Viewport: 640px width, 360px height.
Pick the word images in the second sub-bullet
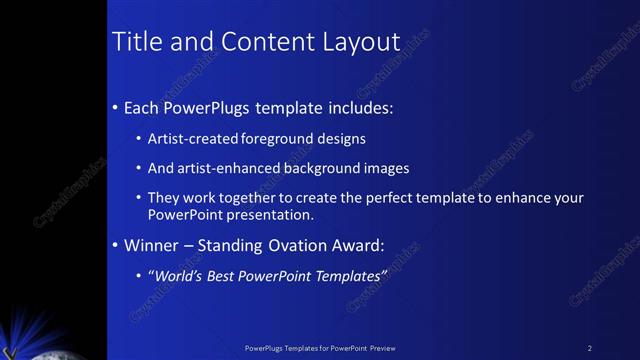[385, 169]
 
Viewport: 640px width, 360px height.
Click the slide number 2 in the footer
[590, 348]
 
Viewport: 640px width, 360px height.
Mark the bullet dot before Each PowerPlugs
[116, 107]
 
